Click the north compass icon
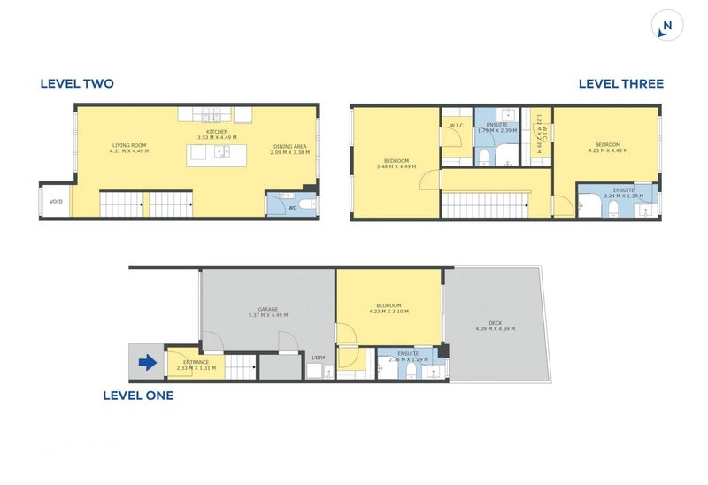pos(666,26)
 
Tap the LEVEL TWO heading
pos(77,84)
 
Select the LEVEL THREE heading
pos(620,84)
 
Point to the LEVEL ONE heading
pos(138,396)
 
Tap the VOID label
pos(56,202)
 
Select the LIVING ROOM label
pos(129,145)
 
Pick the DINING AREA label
pos(289,145)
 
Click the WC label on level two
pos(292,209)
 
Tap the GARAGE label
pos(268,308)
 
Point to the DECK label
pos(495,322)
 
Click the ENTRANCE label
pos(196,362)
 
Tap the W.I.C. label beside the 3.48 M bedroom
pos(457,126)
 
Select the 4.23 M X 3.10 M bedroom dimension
pos(389,311)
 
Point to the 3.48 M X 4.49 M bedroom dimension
pos(395,166)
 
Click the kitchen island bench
pos(217,153)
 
